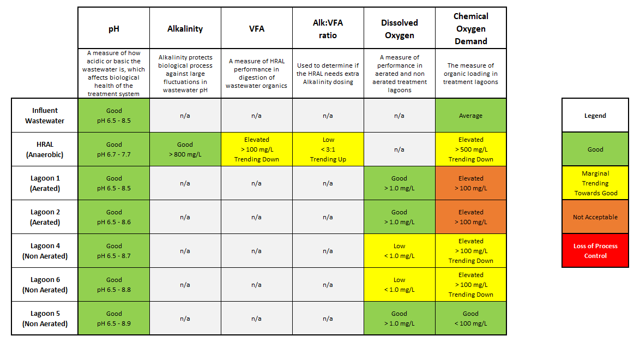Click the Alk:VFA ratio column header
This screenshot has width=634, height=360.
click(x=328, y=28)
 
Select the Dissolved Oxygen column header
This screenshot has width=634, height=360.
click(x=399, y=28)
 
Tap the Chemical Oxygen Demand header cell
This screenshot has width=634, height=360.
click(x=470, y=28)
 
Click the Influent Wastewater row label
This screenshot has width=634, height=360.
click(x=45, y=116)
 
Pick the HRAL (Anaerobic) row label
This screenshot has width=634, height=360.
click(x=45, y=149)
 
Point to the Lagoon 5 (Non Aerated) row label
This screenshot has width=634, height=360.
click(x=45, y=319)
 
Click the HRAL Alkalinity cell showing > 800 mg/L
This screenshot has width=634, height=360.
click(x=185, y=149)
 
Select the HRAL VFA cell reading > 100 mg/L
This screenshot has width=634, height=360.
click(x=256, y=149)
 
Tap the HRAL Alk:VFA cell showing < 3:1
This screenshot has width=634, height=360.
click(x=328, y=149)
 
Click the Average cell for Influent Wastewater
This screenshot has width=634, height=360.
click(x=470, y=116)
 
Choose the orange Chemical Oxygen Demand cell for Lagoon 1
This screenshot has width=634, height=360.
click(x=470, y=183)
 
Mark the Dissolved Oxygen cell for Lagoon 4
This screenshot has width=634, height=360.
click(x=399, y=251)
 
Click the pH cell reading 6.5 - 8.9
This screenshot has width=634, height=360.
click(x=114, y=319)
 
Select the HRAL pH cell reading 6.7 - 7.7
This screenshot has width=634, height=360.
click(x=114, y=149)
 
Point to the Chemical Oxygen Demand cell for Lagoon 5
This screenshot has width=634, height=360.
click(x=470, y=319)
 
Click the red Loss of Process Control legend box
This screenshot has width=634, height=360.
click(x=595, y=251)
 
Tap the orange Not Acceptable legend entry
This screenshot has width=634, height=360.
click(x=595, y=217)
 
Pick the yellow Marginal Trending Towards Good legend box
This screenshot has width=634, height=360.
click(x=595, y=183)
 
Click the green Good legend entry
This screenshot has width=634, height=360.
click(x=595, y=149)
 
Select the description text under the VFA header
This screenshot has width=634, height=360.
click(x=256, y=74)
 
